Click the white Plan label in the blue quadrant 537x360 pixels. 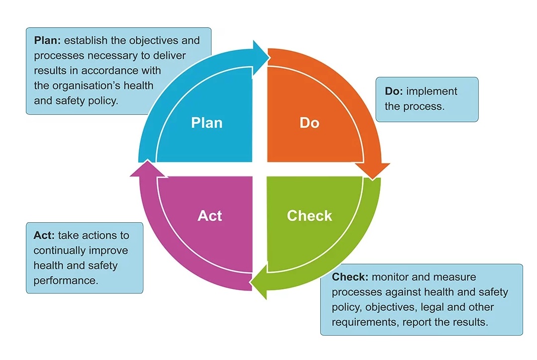[x=206, y=122]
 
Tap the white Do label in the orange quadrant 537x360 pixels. [x=309, y=122]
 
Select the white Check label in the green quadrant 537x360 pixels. [x=309, y=215]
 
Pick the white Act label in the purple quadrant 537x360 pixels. [x=209, y=215]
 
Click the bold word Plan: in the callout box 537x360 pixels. [x=47, y=40]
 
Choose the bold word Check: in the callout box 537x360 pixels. [x=350, y=277]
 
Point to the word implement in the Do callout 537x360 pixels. [x=432, y=91]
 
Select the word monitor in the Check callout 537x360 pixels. [x=390, y=277]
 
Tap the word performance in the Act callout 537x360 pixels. [x=66, y=280]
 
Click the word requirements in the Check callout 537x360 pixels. [x=363, y=322]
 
